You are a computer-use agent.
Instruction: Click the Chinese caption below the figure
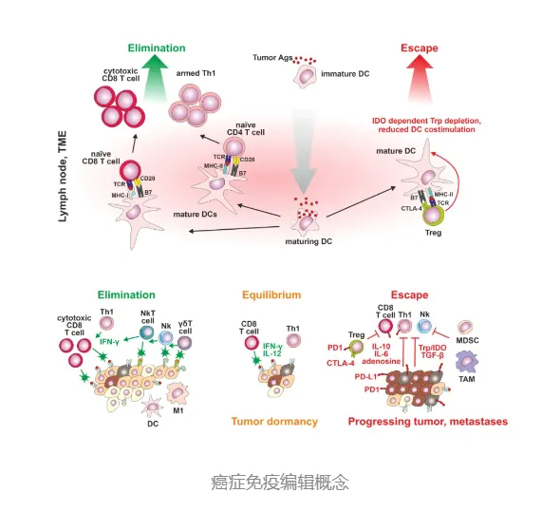[x=271, y=482]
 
